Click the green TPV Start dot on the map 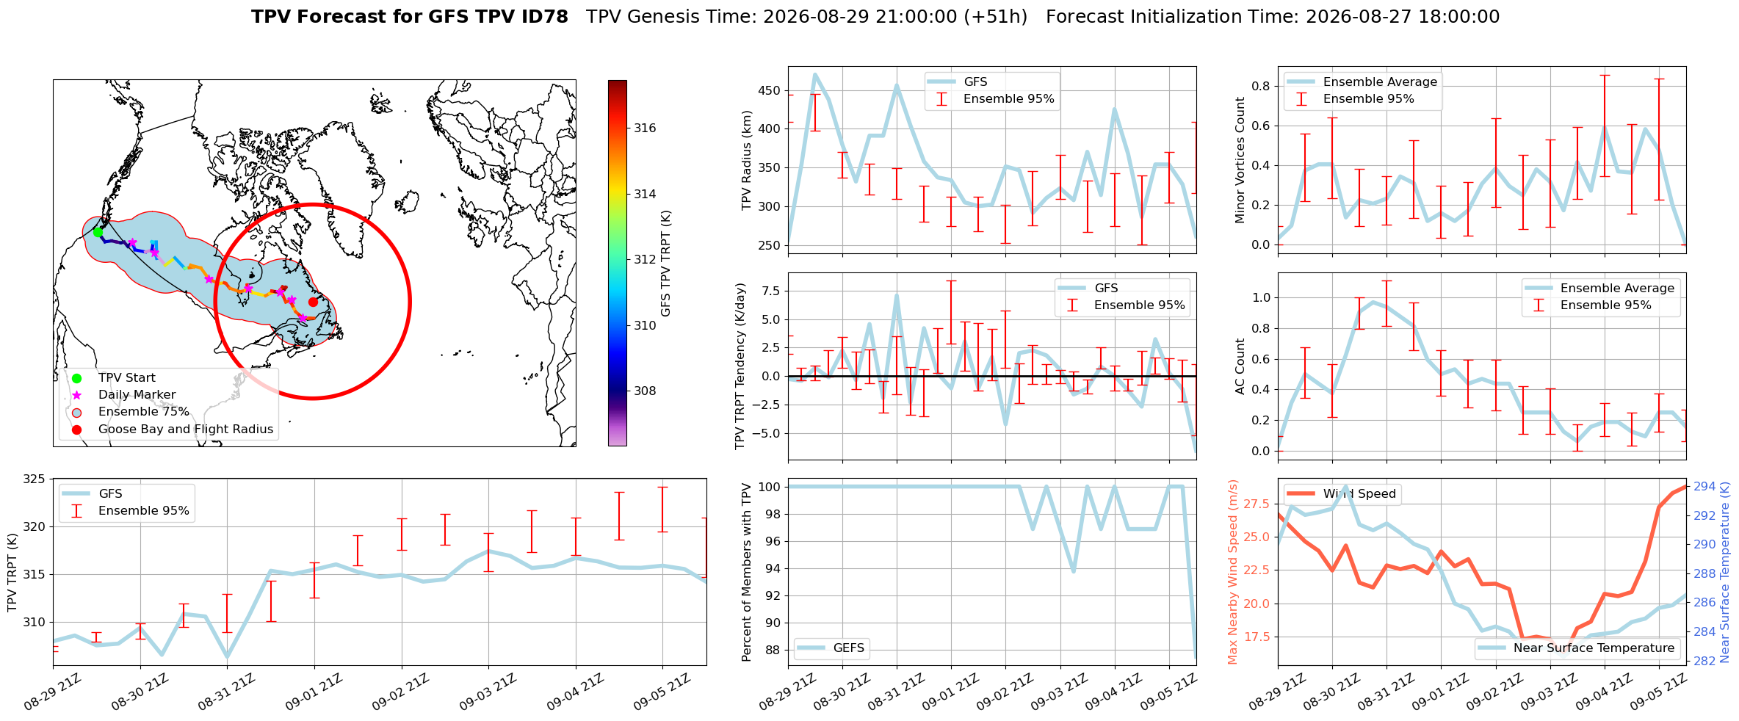(98, 232)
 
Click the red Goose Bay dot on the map (313, 302)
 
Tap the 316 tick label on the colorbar (645, 128)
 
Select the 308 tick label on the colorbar (645, 391)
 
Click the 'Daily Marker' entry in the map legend (137, 395)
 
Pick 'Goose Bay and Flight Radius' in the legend (186, 429)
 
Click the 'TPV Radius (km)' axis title (747, 160)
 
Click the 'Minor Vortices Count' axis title (1240, 160)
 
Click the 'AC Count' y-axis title (1240, 366)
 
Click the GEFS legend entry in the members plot (849, 648)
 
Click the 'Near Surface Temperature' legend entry (1594, 648)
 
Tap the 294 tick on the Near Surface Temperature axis (1704, 486)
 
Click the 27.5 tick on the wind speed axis (1257, 504)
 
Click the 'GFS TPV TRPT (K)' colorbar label (666, 263)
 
